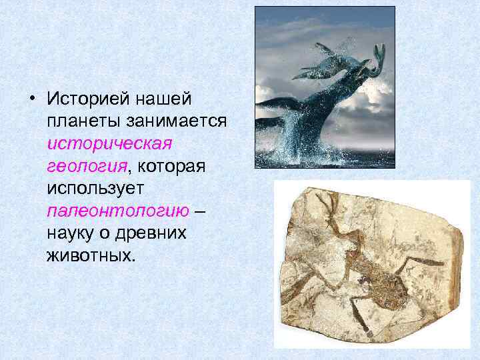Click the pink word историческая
pos(109,143)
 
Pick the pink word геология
pos(80,166)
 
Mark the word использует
pos(95,189)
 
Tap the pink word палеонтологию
pos(118,211)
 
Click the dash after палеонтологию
pos(201,211)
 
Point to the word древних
pos(154,233)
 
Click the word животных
pos(91,256)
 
